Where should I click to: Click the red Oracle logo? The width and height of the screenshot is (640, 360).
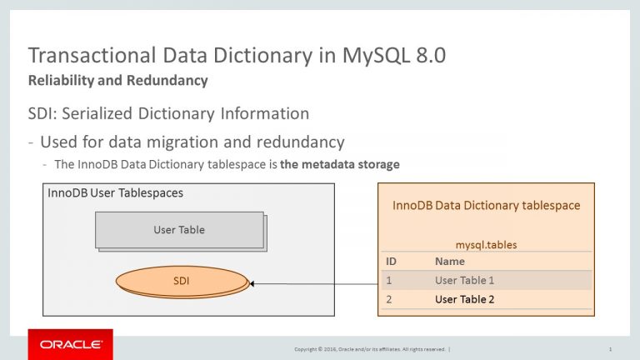tap(71, 344)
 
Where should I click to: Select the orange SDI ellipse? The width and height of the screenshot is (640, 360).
tap(182, 281)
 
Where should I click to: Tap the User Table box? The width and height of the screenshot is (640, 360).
tap(180, 230)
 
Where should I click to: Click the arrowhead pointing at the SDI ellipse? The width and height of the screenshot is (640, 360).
tap(252, 283)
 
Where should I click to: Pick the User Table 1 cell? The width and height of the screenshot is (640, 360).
tap(464, 280)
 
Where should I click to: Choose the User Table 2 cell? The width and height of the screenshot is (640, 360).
tap(464, 299)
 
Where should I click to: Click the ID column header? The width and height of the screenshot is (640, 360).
tap(391, 261)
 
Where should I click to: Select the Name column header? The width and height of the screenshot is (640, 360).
tap(450, 261)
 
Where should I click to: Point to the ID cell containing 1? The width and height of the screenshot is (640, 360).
tap(389, 280)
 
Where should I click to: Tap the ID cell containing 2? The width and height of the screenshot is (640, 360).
tap(389, 299)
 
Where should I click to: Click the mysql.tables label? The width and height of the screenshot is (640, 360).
tap(486, 245)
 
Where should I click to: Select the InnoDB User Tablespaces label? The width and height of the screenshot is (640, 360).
tap(116, 192)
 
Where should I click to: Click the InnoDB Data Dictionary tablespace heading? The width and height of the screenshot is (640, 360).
tap(486, 205)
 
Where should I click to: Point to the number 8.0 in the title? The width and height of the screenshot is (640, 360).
tap(431, 55)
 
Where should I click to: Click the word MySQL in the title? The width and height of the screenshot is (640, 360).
tap(376, 56)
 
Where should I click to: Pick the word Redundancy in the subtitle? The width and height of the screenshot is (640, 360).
tap(167, 80)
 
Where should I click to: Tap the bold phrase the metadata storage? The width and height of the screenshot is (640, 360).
tap(340, 164)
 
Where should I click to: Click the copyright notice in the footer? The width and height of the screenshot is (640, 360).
tap(370, 349)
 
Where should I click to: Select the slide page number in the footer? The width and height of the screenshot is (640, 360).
tap(610, 349)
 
